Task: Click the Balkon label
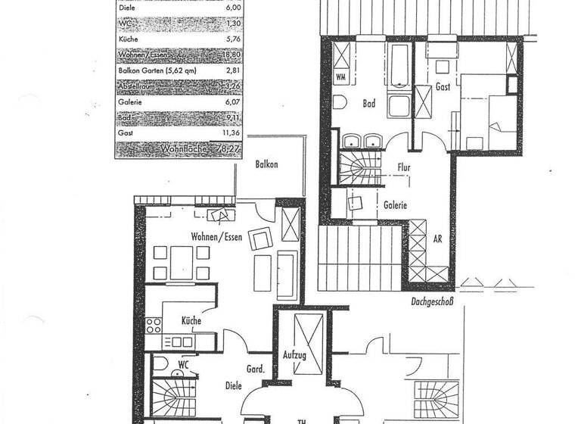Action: click(x=266, y=164)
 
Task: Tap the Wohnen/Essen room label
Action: click(x=217, y=236)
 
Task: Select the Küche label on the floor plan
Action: click(x=191, y=322)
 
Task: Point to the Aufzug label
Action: click(x=295, y=354)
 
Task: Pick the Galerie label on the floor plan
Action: click(x=395, y=204)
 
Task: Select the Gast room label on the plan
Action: click(x=443, y=87)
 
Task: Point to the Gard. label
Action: click(x=255, y=370)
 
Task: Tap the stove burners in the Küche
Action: click(x=154, y=325)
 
